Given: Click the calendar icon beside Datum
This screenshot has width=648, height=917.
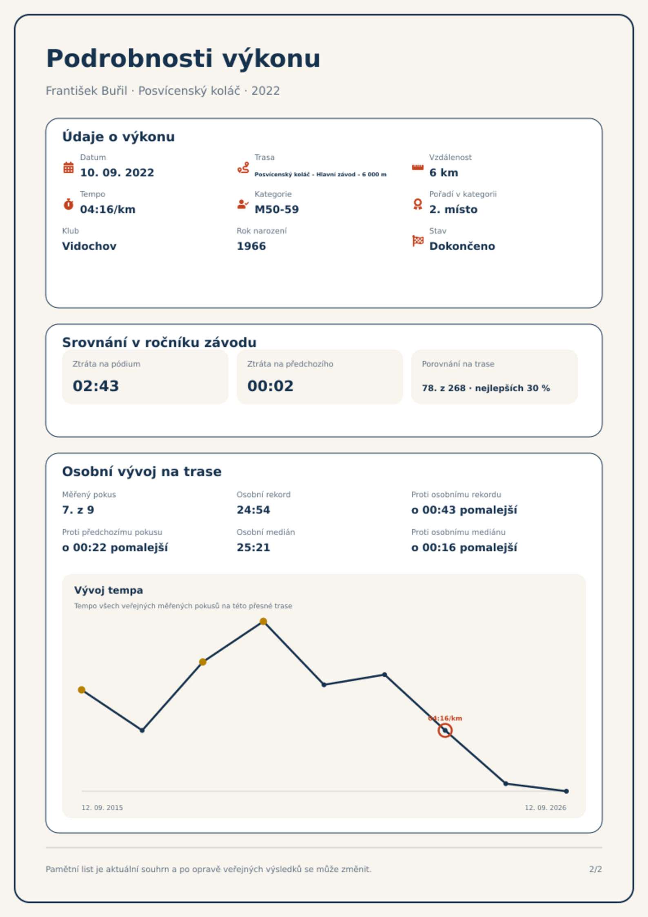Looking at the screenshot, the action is click(x=69, y=167).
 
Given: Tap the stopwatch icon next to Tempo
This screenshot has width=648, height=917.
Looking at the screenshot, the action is click(x=69, y=204).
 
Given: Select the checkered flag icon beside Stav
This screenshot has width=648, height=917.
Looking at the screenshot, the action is click(x=418, y=241).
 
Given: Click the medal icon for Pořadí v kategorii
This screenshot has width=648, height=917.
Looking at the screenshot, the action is click(x=417, y=204).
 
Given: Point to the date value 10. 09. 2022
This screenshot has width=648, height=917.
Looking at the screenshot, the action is click(x=117, y=173).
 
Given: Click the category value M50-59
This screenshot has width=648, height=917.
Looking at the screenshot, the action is click(x=277, y=209).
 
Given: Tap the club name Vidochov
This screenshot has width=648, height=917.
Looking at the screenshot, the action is click(x=89, y=246).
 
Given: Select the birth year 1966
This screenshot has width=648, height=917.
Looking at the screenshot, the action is click(x=251, y=246).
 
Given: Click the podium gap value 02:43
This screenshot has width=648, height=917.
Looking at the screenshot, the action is click(x=96, y=386).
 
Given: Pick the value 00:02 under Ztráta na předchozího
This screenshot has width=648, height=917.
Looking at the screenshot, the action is click(x=271, y=386).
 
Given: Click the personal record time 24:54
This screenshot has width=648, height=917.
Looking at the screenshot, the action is click(x=253, y=510).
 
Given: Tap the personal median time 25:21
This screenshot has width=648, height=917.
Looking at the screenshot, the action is click(x=253, y=548).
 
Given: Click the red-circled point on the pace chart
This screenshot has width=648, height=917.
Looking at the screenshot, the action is click(x=445, y=730).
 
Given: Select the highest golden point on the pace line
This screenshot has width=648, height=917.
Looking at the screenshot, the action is click(x=263, y=621).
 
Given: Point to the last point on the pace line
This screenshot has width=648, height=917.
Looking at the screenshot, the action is click(x=566, y=791).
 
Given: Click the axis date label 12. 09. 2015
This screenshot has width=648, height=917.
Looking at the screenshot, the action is click(x=102, y=808).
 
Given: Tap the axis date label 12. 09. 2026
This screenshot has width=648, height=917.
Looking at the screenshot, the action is click(x=546, y=808).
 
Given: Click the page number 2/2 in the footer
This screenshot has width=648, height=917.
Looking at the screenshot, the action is click(x=596, y=869).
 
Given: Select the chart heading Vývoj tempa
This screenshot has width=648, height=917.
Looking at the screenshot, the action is click(x=109, y=590).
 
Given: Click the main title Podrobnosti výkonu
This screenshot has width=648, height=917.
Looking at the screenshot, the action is click(x=183, y=58).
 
